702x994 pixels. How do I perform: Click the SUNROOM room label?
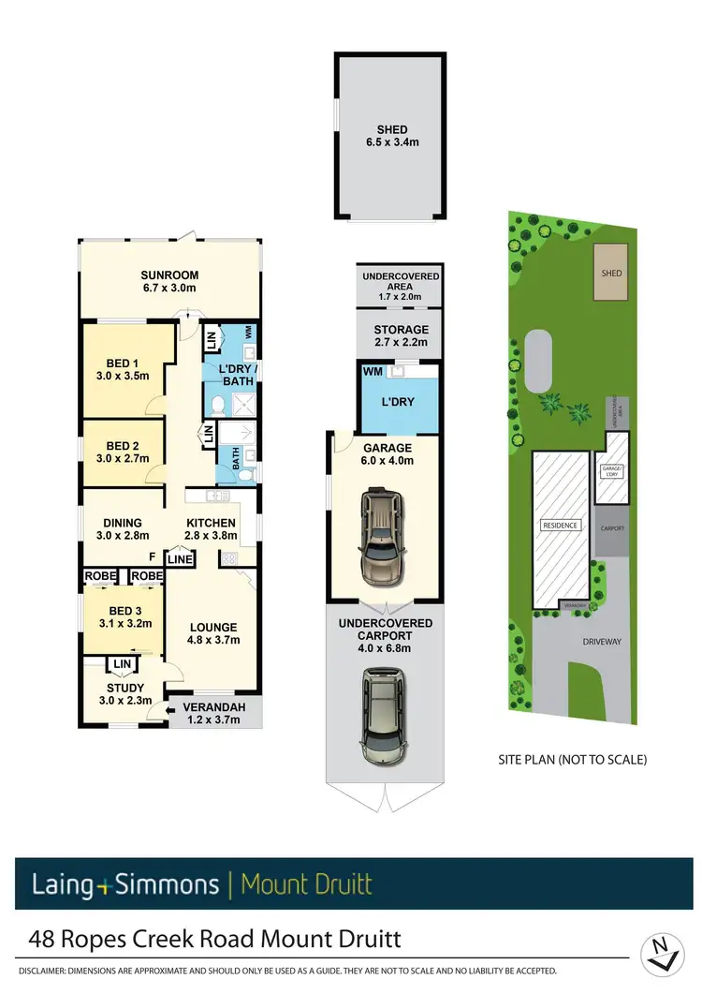[x=169, y=274]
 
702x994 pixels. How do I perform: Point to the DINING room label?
[x=123, y=523]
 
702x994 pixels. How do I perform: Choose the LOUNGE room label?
[x=213, y=628]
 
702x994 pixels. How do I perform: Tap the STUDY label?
[x=124, y=689]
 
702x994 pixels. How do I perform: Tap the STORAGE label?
[x=401, y=330]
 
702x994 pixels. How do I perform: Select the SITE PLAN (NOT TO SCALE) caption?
[x=573, y=760]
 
